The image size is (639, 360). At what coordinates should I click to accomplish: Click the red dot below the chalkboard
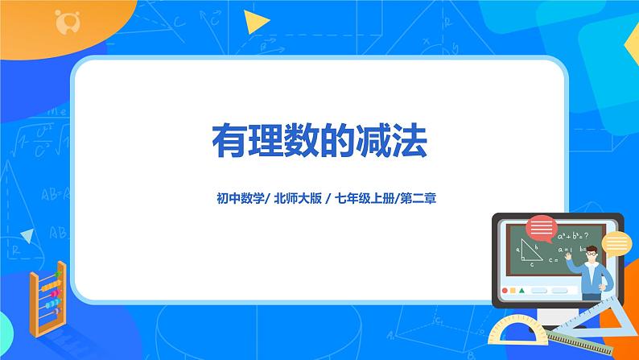click(x=505, y=289)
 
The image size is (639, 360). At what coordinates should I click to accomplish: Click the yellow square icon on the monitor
click(x=513, y=289)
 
